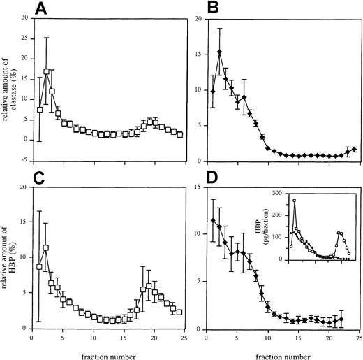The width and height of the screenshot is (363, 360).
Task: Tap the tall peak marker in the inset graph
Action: tap(295, 201)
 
